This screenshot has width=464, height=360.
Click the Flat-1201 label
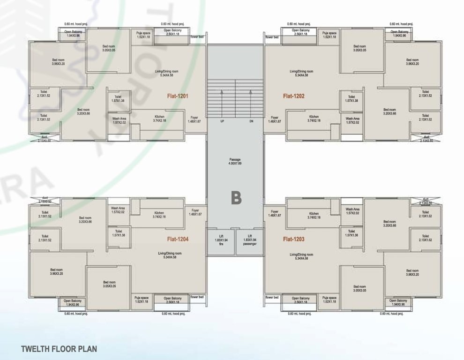[178, 96]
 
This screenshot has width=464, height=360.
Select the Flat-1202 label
[293, 96]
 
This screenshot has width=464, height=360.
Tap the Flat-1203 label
[293, 239]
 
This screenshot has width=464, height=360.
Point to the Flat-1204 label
[178, 239]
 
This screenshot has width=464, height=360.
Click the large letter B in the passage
[236, 198]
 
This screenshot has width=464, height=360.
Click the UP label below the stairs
[222, 121]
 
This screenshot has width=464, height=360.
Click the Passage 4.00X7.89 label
[235, 162]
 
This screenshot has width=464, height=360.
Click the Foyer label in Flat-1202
[275, 120]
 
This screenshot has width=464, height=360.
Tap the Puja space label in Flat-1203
[329, 300]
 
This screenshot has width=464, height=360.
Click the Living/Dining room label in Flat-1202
[301, 73]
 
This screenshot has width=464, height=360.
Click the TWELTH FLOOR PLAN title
[59, 349]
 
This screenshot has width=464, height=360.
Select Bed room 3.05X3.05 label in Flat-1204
[109, 284]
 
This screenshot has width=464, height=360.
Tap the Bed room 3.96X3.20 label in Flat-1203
[412, 272]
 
